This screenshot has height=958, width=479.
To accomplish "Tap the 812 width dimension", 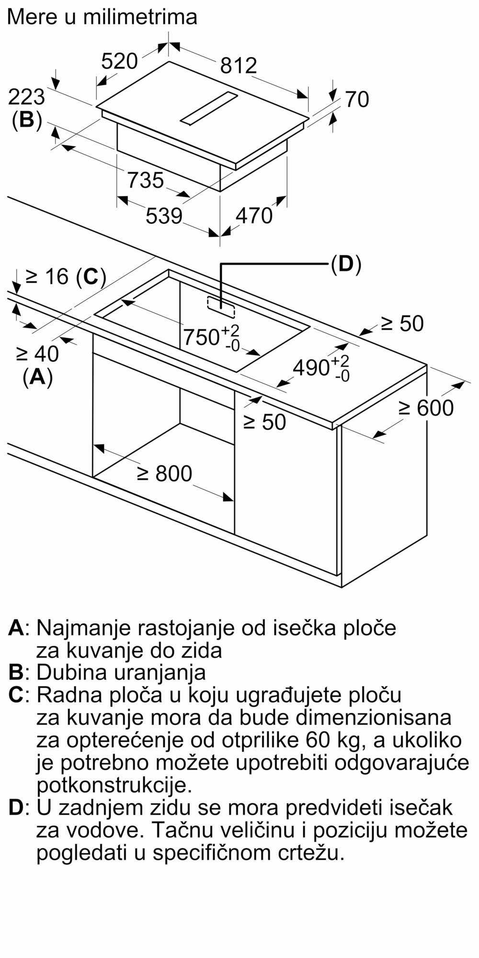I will [x=239, y=65].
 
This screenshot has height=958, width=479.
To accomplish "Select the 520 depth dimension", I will [x=120, y=61].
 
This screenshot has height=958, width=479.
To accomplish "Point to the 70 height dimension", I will [x=357, y=100].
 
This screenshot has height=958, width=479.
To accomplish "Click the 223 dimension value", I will [x=27, y=98].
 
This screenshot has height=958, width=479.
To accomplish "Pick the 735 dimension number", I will [x=146, y=180].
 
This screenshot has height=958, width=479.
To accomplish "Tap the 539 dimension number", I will [x=164, y=216].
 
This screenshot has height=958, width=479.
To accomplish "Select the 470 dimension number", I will [x=254, y=216].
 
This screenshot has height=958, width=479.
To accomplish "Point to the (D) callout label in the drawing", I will [x=346, y=264].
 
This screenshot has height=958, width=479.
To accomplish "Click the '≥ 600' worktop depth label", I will [x=426, y=408].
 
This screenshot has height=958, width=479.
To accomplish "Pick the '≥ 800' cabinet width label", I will [x=164, y=473].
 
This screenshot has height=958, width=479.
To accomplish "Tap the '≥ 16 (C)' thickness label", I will [x=66, y=276].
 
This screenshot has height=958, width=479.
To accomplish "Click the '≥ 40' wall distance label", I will [x=37, y=354].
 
